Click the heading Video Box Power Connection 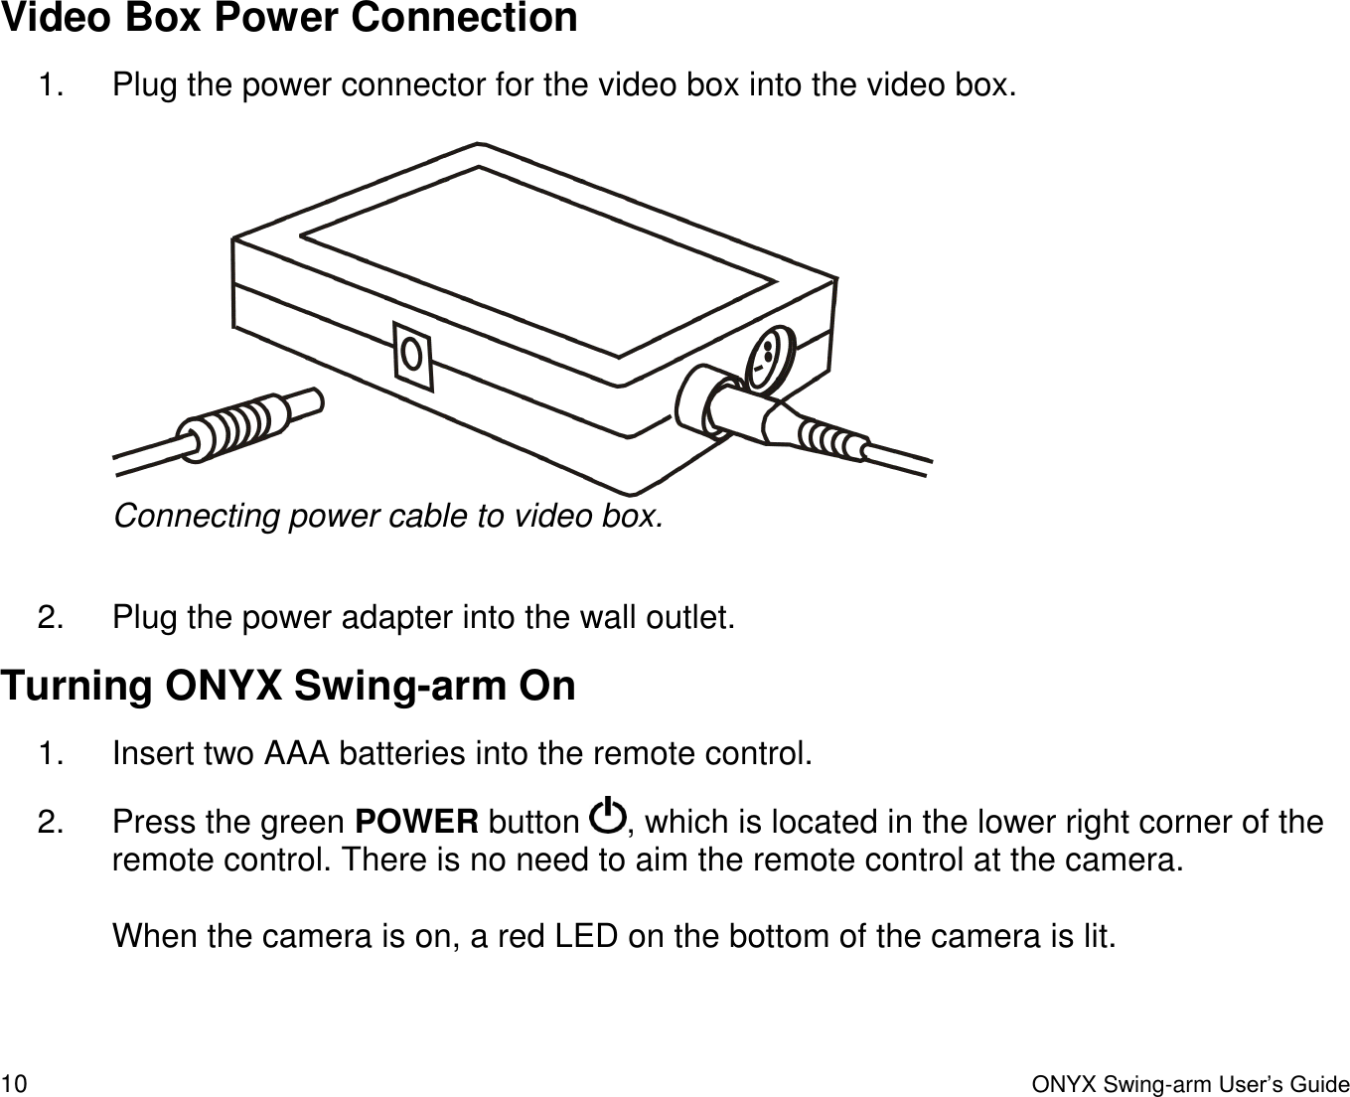(289, 19)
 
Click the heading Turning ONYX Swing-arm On (289, 687)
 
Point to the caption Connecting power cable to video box (387, 517)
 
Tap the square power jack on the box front (414, 354)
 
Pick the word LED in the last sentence (585, 936)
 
